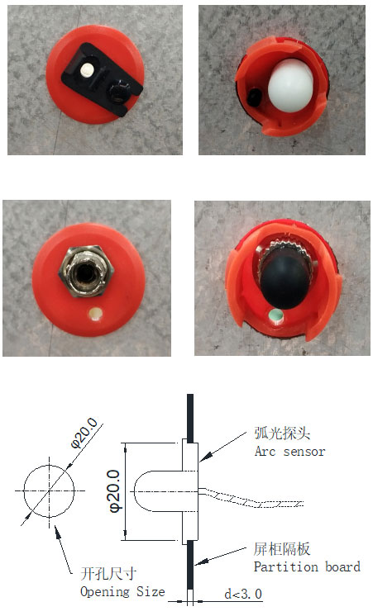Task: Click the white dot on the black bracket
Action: point(86,70)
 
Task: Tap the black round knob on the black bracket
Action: point(119,90)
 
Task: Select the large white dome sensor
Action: point(290,86)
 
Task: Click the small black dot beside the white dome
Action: point(255,96)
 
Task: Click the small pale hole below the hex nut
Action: point(95,314)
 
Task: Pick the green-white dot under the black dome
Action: point(275,315)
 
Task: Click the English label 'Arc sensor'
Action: point(289,452)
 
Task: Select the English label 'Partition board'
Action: point(307,566)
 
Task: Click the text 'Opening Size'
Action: point(122,591)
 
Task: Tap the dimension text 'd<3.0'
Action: point(243,594)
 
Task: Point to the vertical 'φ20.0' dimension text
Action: point(115,491)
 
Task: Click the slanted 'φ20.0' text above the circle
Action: point(84,434)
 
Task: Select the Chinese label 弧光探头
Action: point(282,434)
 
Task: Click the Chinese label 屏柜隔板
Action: point(282,549)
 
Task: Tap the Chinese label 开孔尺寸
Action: point(108,574)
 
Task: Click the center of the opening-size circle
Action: point(49,490)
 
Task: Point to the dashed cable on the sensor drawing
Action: point(251,498)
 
